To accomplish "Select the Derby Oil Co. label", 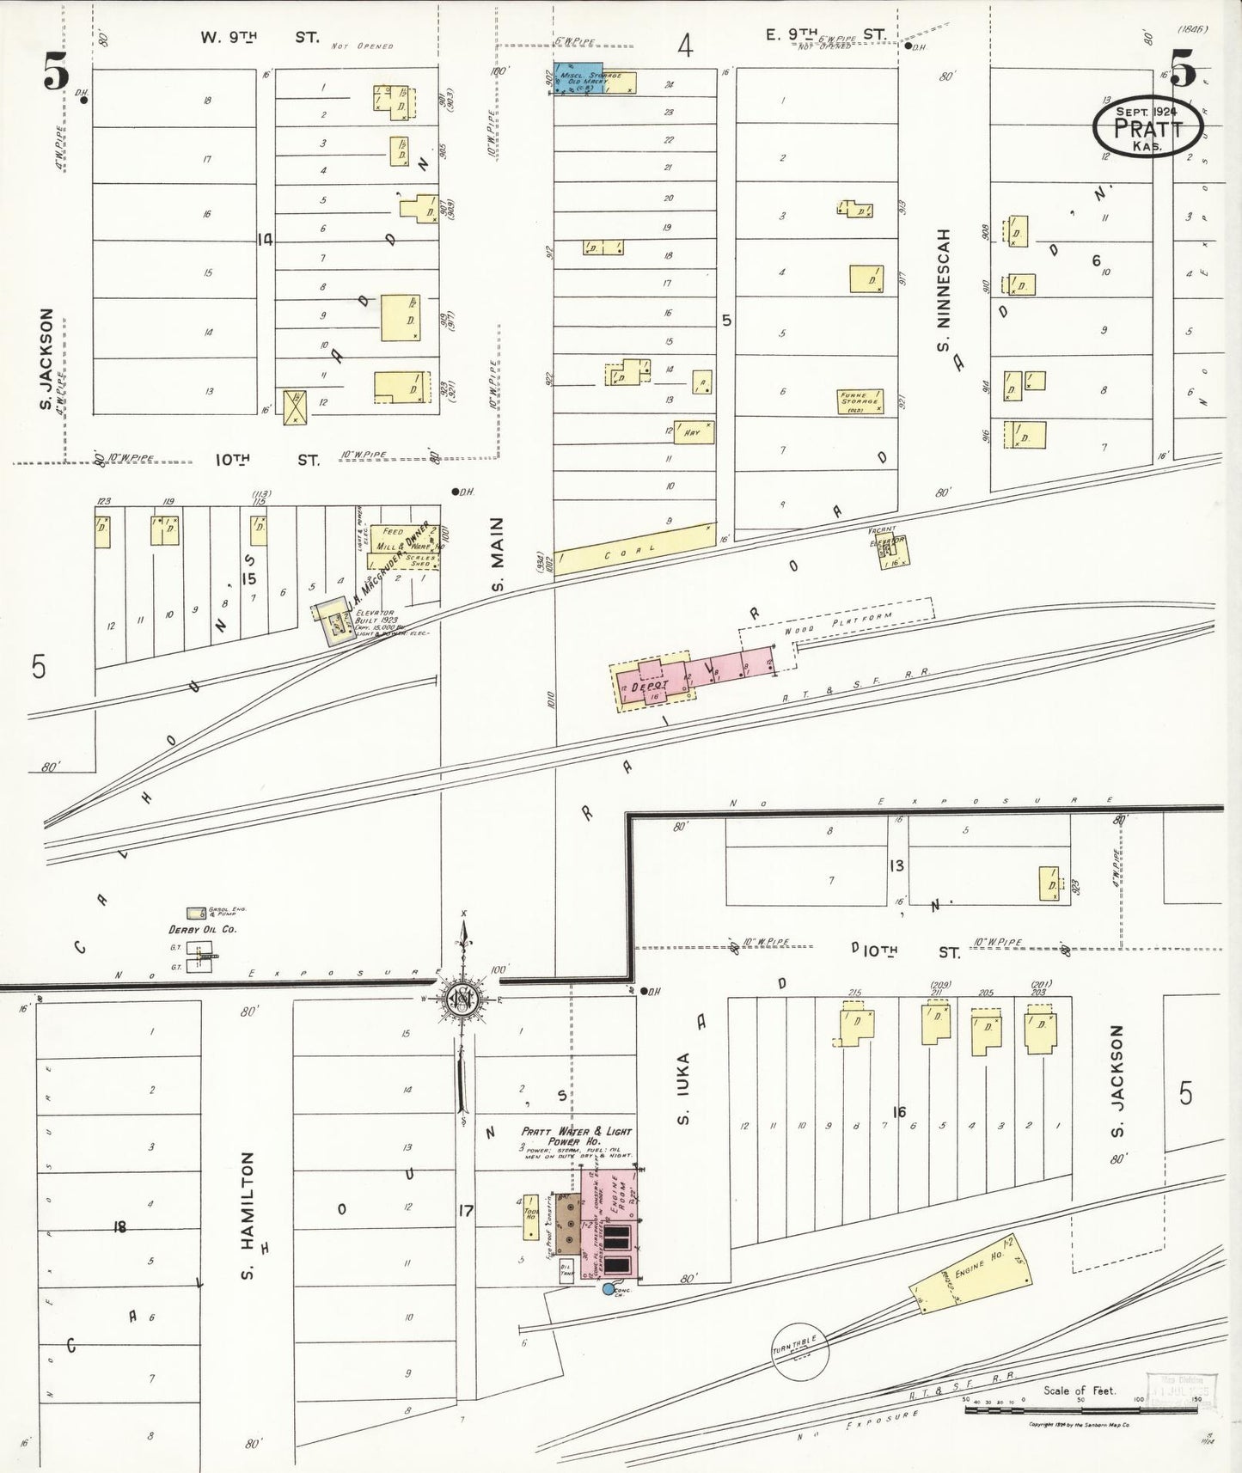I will pos(202,929).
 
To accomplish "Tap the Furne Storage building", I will pos(860,400).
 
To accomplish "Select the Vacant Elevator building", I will pos(891,552).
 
